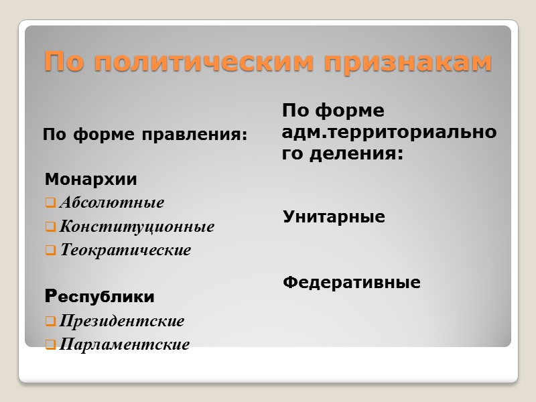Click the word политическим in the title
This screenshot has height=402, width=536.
[x=208, y=62]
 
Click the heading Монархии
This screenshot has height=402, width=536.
[x=90, y=180]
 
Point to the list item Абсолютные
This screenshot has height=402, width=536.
[x=111, y=202]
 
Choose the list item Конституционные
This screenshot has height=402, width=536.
[x=137, y=226]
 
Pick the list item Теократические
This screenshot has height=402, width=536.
[x=125, y=251]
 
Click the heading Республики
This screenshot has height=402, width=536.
[x=99, y=296]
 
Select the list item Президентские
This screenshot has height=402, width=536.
[x=121, y=321]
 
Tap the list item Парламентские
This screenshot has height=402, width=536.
[x=124, y=345]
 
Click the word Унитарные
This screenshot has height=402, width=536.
[x=334, y=217]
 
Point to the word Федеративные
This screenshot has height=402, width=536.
[x=351, y=283]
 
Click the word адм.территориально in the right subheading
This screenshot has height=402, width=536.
[x=389, y=133]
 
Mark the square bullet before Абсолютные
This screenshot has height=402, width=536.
[x=50, y=202]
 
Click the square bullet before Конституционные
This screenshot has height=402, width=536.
[x=50, y=226]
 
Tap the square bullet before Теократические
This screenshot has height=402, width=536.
[x=50, y=251]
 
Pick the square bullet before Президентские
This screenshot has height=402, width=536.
[x=50, y=322]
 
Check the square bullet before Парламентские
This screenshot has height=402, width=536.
[x=50, y=346]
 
